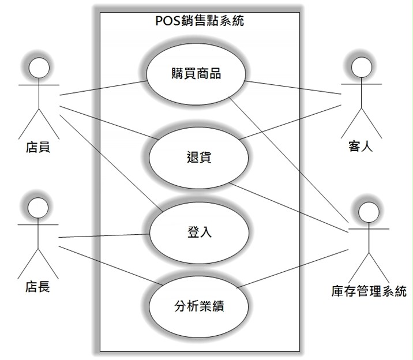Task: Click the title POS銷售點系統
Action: [x=200, y=21]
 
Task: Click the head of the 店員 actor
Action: [x=39, y=67]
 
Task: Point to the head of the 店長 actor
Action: [x=38, y=208]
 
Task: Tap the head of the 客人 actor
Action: [x=362, y=67]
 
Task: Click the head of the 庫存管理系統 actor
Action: [x=369, y=212]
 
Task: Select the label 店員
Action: [x=38, y=147]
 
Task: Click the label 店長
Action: [x=37, y=287]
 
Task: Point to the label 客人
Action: [x=361, y=146]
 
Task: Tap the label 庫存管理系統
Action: [x=369, y=291]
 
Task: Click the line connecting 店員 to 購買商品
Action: [x=103, y=88]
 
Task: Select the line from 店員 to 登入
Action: [x=111, y=163]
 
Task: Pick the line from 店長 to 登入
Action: [x=104, y=236]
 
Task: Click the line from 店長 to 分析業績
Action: [x=111, y=266]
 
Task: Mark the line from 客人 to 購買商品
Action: [x=292, y=88]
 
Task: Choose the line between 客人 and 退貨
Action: [x=290, y=122]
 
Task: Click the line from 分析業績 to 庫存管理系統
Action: [x=292, y=269]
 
